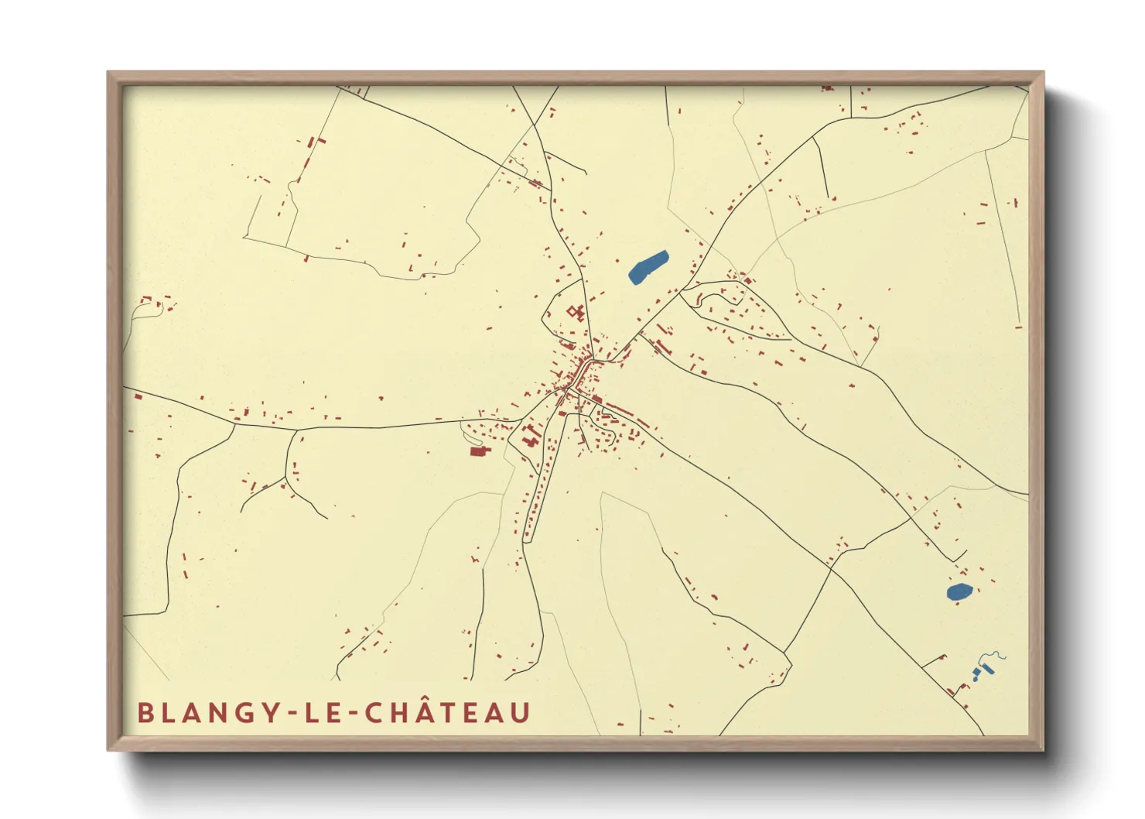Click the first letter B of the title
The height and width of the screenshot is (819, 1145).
coord(144,713)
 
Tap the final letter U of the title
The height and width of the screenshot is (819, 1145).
coord(521,713)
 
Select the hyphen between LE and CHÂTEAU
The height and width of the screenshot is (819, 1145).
coord(350,714)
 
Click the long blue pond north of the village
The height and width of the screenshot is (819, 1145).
coord(648,266)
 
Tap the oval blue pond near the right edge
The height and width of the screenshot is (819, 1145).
coord(959,592)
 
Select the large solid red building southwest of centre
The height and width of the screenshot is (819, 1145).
coord(479,451)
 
